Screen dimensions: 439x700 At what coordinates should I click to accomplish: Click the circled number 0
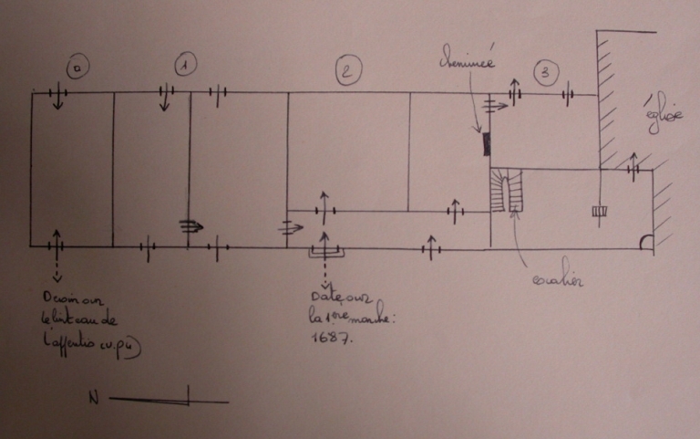pyautogui.click(x=77, y=68)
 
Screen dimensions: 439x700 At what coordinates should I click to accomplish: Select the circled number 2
pyautogui.click(x=348, y=70)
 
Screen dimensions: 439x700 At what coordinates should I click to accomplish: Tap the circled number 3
pyautogui.click(x=544, y=71)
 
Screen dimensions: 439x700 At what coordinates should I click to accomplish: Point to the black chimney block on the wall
pyautogui.click(x=487, y=142)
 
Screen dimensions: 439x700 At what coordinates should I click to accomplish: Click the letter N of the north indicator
pyautogui.click(x=93, y=398)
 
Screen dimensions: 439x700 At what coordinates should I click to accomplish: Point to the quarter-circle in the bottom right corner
pyautogui.click(x=646, y=244)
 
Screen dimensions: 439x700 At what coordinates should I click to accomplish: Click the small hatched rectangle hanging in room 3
pyautogui.click(x=599, y=212)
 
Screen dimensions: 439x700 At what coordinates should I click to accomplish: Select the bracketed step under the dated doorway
pyautogui.click(x=324, y=250)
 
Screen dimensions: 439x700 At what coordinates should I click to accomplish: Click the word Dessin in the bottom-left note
pyautogui.click(x=57, y=299)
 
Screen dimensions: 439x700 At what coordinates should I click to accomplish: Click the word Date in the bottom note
pyautogui.click(x=324, y=297)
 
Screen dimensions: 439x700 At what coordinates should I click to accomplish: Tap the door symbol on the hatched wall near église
pyautogui.click(x=633, y=170)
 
